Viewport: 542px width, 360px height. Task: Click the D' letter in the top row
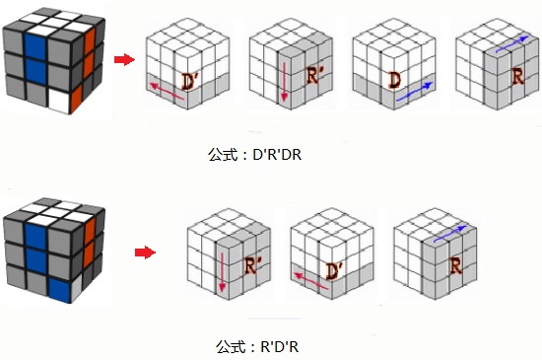coord(188,82)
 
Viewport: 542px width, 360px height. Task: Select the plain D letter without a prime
coord(395,80)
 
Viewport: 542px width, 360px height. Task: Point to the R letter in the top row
coord(517,77)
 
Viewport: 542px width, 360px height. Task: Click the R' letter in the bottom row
coord(252,265)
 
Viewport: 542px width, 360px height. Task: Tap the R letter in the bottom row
coord(455,266)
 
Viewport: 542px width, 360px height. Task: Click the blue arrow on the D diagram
coord(415,92)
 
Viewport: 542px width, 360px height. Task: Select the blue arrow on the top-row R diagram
coord(511,44)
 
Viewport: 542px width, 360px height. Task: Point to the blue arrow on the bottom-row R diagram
coord(450,234)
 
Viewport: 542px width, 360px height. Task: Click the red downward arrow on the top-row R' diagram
coord(284,82)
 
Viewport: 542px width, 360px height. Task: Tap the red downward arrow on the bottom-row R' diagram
coord(222,272)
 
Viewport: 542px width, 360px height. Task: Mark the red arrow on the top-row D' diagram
coord(167,92)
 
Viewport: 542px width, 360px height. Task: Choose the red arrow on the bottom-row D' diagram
coord(311,280)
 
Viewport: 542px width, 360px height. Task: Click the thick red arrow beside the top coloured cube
coord(124,59)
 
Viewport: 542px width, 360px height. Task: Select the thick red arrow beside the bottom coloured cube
coord(145,252)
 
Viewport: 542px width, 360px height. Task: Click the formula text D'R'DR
coord(277,155)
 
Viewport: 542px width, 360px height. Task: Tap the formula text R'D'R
coord(280,346)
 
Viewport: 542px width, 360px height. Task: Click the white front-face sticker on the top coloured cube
coord(60,101)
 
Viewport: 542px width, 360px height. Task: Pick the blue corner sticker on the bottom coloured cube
coord(60,290)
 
